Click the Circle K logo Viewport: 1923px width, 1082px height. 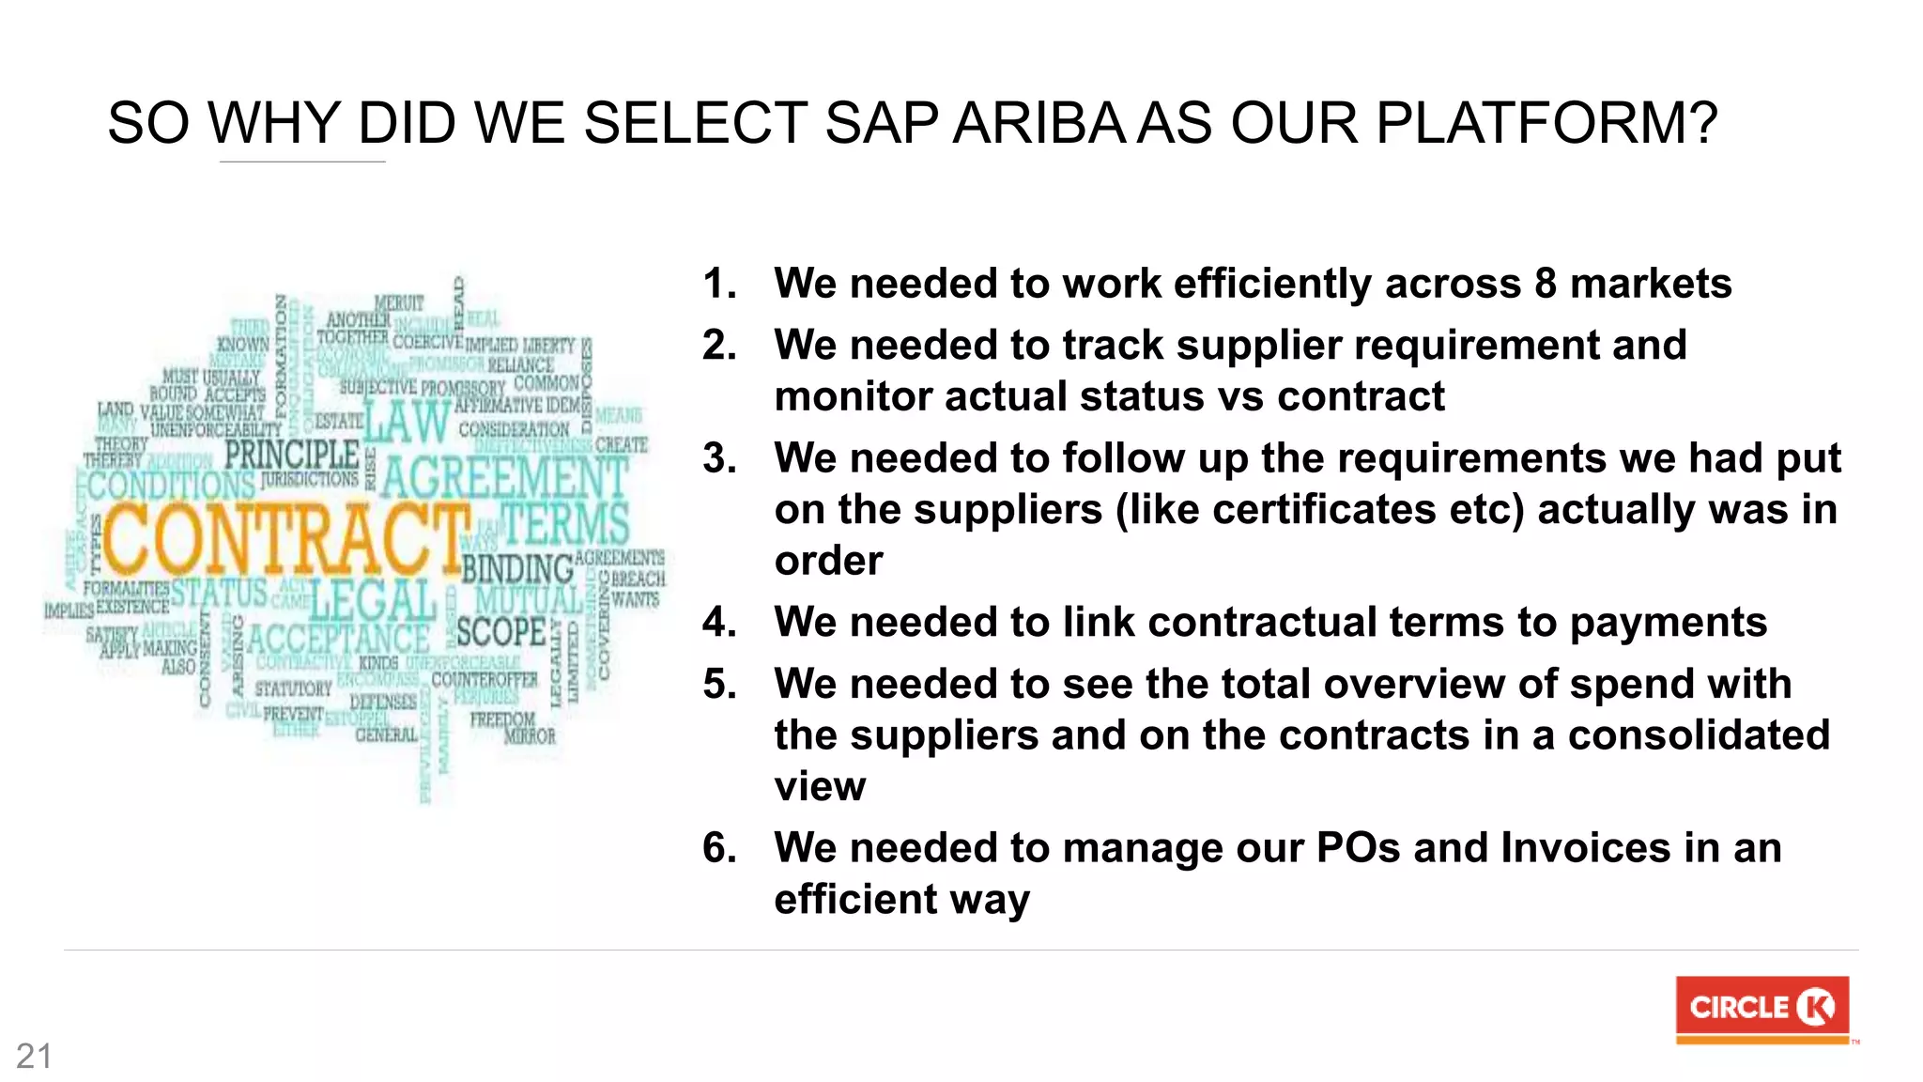coord(1761,1009)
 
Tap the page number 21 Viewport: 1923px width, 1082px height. coord(34,1057)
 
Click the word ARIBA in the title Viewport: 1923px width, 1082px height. coord(1038,123)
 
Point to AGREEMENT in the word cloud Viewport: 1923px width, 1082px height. coord(504,477)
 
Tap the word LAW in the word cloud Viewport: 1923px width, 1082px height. coord(407,422)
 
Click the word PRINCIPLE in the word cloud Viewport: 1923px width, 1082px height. coord(291,456)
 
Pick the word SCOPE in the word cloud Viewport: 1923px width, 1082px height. coord(500,632)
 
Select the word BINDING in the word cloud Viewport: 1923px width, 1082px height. coord(517,569)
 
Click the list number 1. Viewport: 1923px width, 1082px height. coord(719,284)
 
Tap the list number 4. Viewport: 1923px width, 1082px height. coord(719,623)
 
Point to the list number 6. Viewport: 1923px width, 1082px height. coord(719,848)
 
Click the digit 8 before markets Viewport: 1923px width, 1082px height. coord(1546,284)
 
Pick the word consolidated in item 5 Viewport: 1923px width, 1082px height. coord(1699,735)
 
